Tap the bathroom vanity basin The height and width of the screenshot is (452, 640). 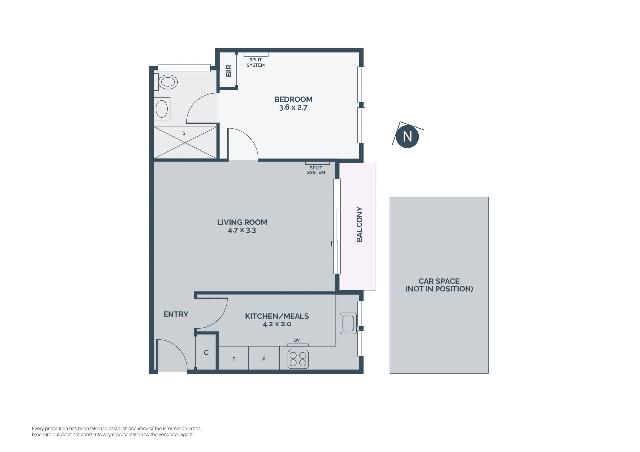pos(162,109)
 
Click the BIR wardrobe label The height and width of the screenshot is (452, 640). pos(229,71)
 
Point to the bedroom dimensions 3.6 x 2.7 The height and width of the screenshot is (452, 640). pos(293,108)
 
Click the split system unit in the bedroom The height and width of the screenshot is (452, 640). pos(256,54)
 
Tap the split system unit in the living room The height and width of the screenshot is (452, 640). pos(317,163)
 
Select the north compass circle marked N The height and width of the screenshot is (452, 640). pos(407,136)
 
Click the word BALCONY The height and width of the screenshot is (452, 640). pos(359,224)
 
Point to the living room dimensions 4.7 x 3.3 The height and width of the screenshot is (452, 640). pos(242,230)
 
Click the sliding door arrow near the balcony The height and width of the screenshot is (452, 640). pos(331,243)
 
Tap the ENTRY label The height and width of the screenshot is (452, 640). pos(176,314)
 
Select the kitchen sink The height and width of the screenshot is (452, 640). pos(348,323)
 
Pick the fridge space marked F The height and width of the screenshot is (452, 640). pos(234,359)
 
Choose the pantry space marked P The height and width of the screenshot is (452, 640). pos(264,359)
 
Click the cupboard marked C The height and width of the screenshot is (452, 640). pos(206,352)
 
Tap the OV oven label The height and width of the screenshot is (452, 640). pos(297,340)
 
